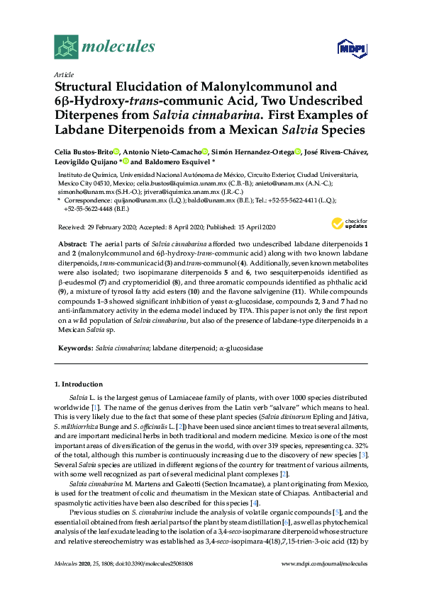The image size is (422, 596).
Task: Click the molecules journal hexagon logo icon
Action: pyautogui.click(x=66, y=47)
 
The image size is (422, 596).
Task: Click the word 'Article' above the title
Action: pyautogui.click(x=63, y=74)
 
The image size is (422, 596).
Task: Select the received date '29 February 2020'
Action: pyautogui.click(x=108, y=226)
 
